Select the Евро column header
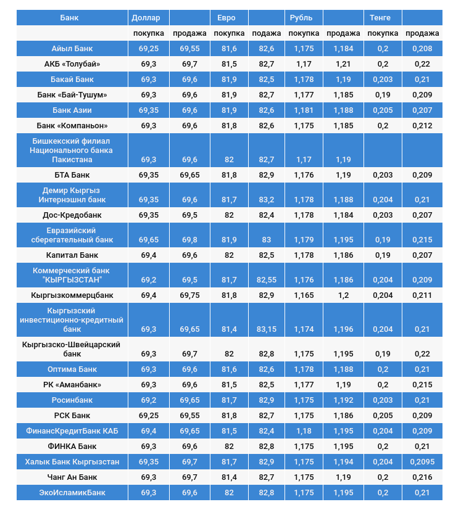[222, 17]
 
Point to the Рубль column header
[301, 17]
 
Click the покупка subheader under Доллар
[149, 33]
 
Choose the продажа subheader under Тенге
[422, 33]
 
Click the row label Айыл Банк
[73, 48]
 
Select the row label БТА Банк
[73, 175]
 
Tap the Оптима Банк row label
[73, 369]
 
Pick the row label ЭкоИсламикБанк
[73, 492]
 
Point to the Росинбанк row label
[73, 400]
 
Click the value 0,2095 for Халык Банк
[422, 461]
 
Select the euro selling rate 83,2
[267, 200]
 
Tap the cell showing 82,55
[267, 279]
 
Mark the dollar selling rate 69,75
[189, 295]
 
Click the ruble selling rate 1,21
[343, 64]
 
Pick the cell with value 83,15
[267, 329]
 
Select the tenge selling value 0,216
[422, 477]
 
